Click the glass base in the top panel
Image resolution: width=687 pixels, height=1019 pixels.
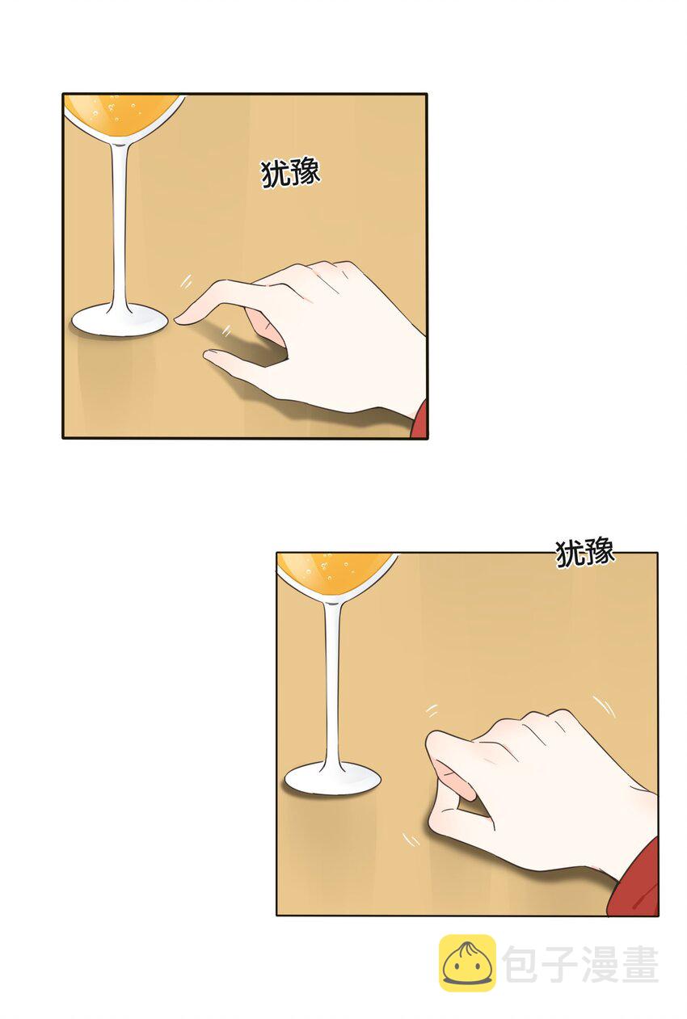120,321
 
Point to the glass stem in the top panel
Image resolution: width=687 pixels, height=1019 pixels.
119,225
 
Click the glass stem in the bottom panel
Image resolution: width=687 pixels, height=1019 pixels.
332,682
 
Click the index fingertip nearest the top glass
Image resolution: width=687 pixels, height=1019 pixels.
179,320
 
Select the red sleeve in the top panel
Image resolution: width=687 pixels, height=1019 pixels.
419,419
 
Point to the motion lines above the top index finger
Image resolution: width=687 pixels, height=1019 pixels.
185,282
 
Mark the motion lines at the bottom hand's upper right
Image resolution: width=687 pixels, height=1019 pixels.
604,706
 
